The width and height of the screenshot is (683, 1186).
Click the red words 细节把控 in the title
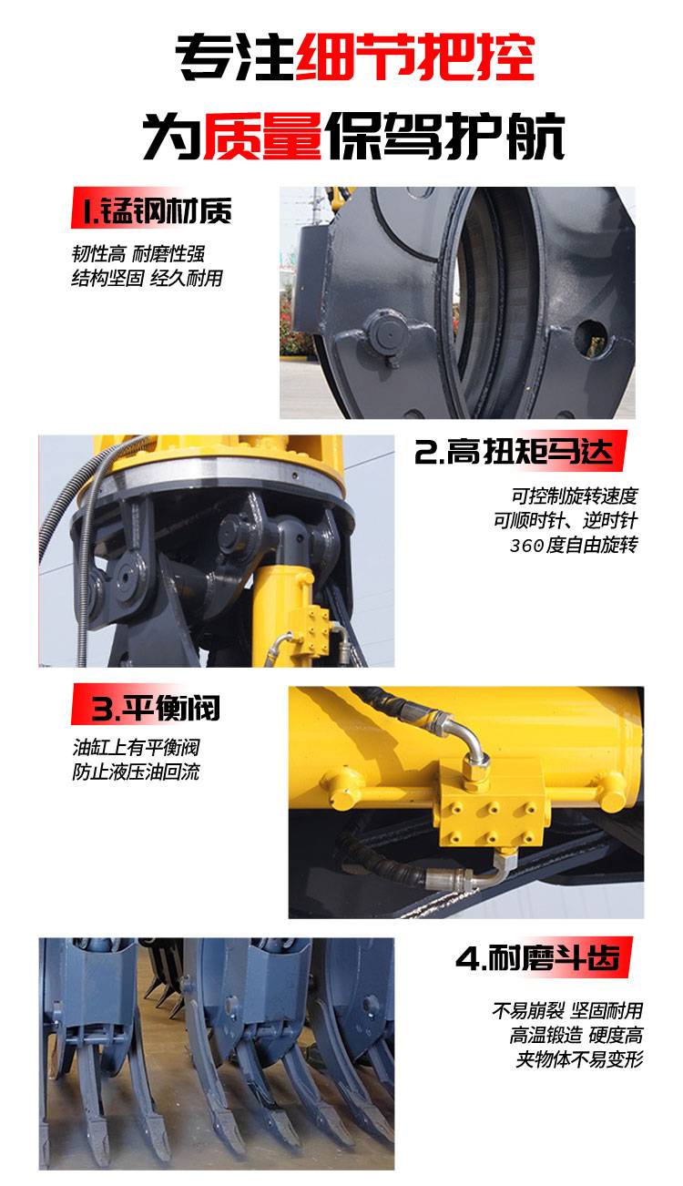414,56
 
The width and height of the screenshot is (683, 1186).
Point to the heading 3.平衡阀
156,708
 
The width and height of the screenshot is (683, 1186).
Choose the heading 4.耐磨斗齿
537,956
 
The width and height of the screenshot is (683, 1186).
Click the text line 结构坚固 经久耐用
148,278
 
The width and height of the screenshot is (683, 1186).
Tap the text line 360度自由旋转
574,545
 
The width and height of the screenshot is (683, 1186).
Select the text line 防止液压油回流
136,772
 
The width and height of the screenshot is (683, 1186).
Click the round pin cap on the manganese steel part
387,334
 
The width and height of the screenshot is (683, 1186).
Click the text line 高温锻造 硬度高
576,1035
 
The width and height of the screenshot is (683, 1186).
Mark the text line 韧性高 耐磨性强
138,254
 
